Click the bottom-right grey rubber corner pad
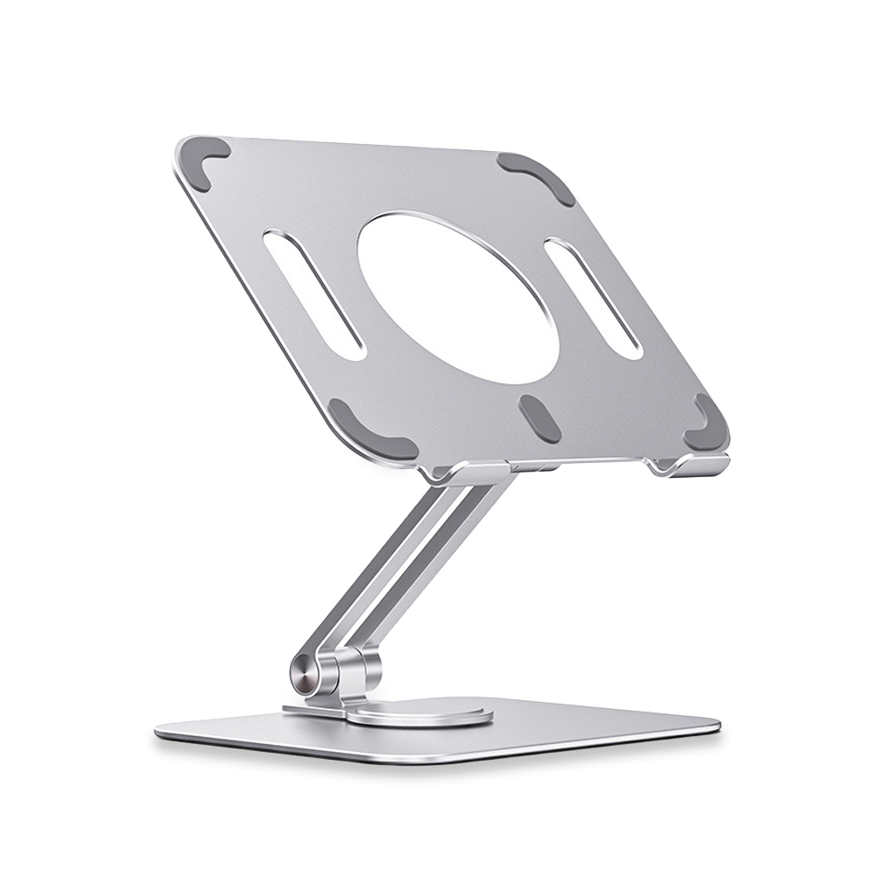[x=705, y=423]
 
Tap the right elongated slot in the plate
[x=593, y=299]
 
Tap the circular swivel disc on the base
[x=420, y=712]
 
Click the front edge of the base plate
[x=439, y=756]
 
